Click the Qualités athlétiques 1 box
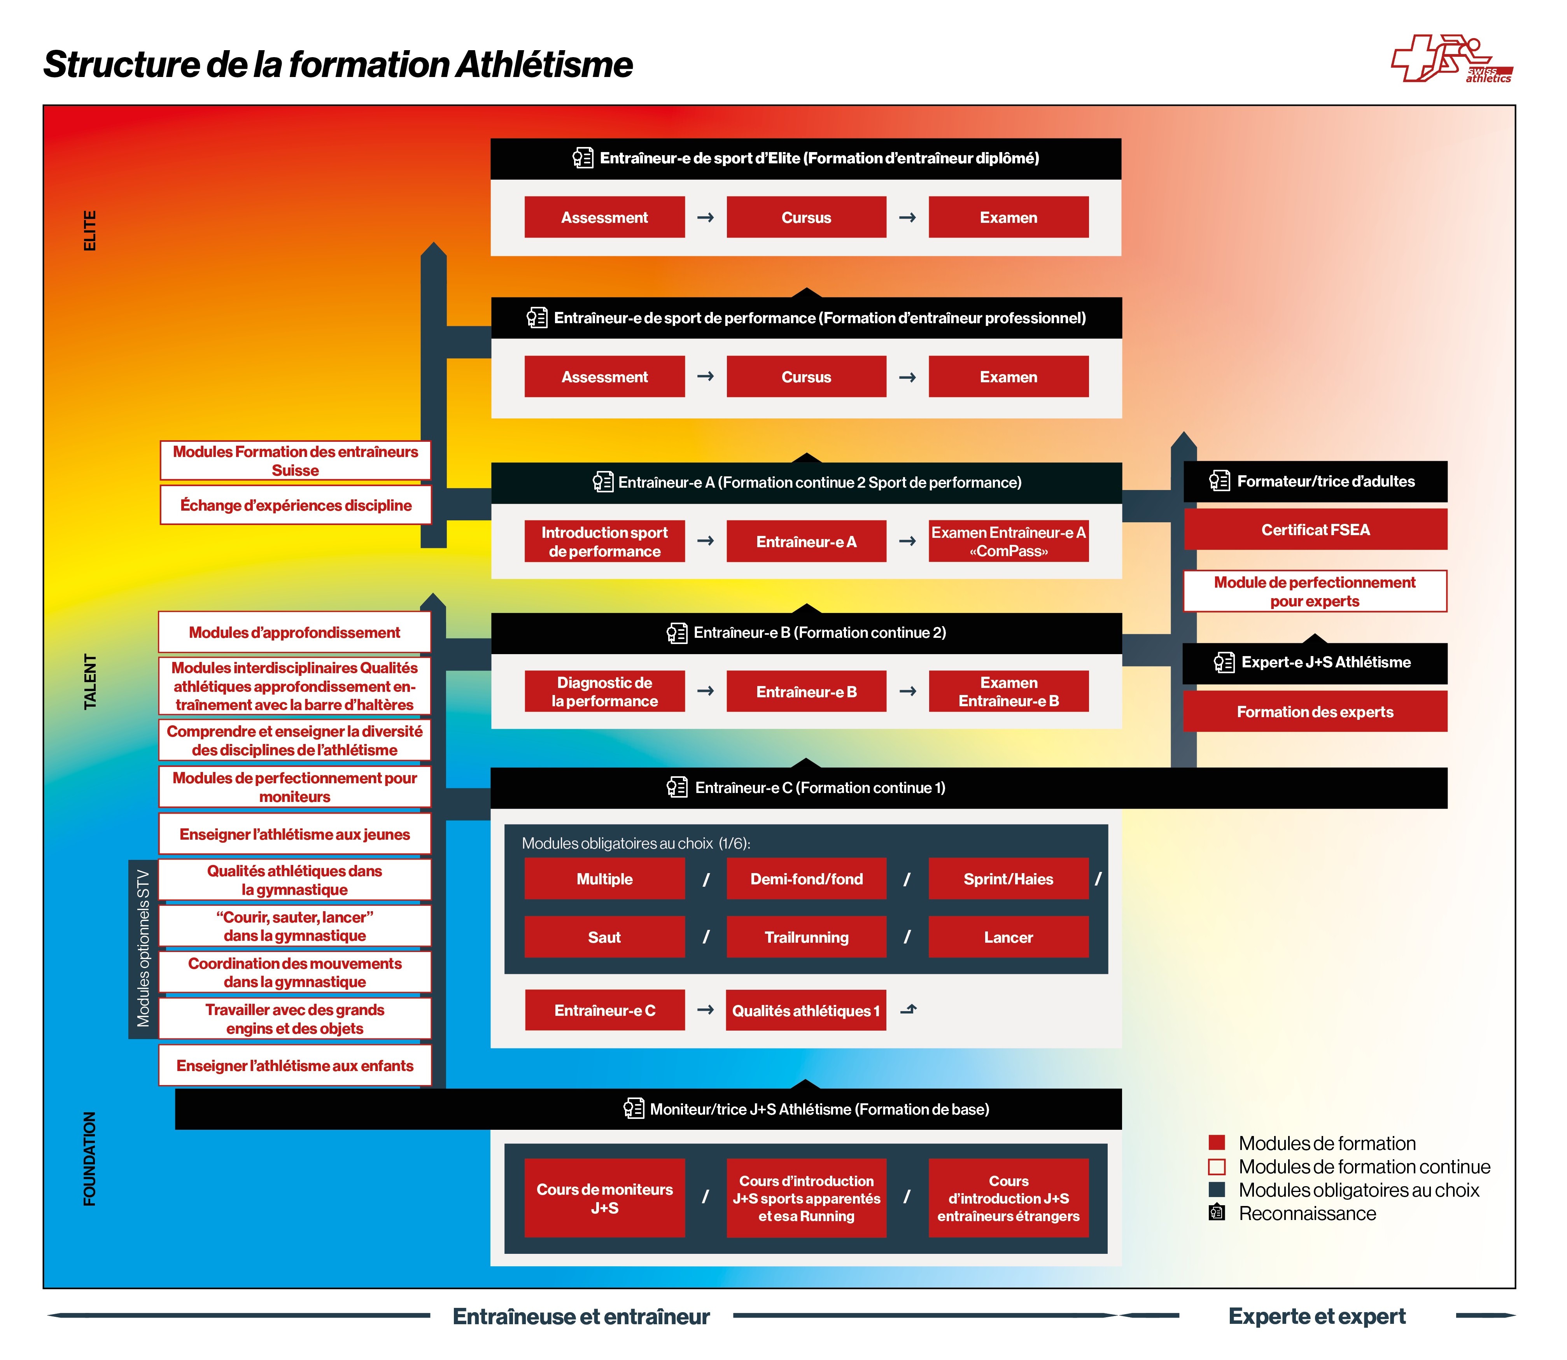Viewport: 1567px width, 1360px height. point(806,1010)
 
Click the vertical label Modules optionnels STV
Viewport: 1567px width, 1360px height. point(143,949)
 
